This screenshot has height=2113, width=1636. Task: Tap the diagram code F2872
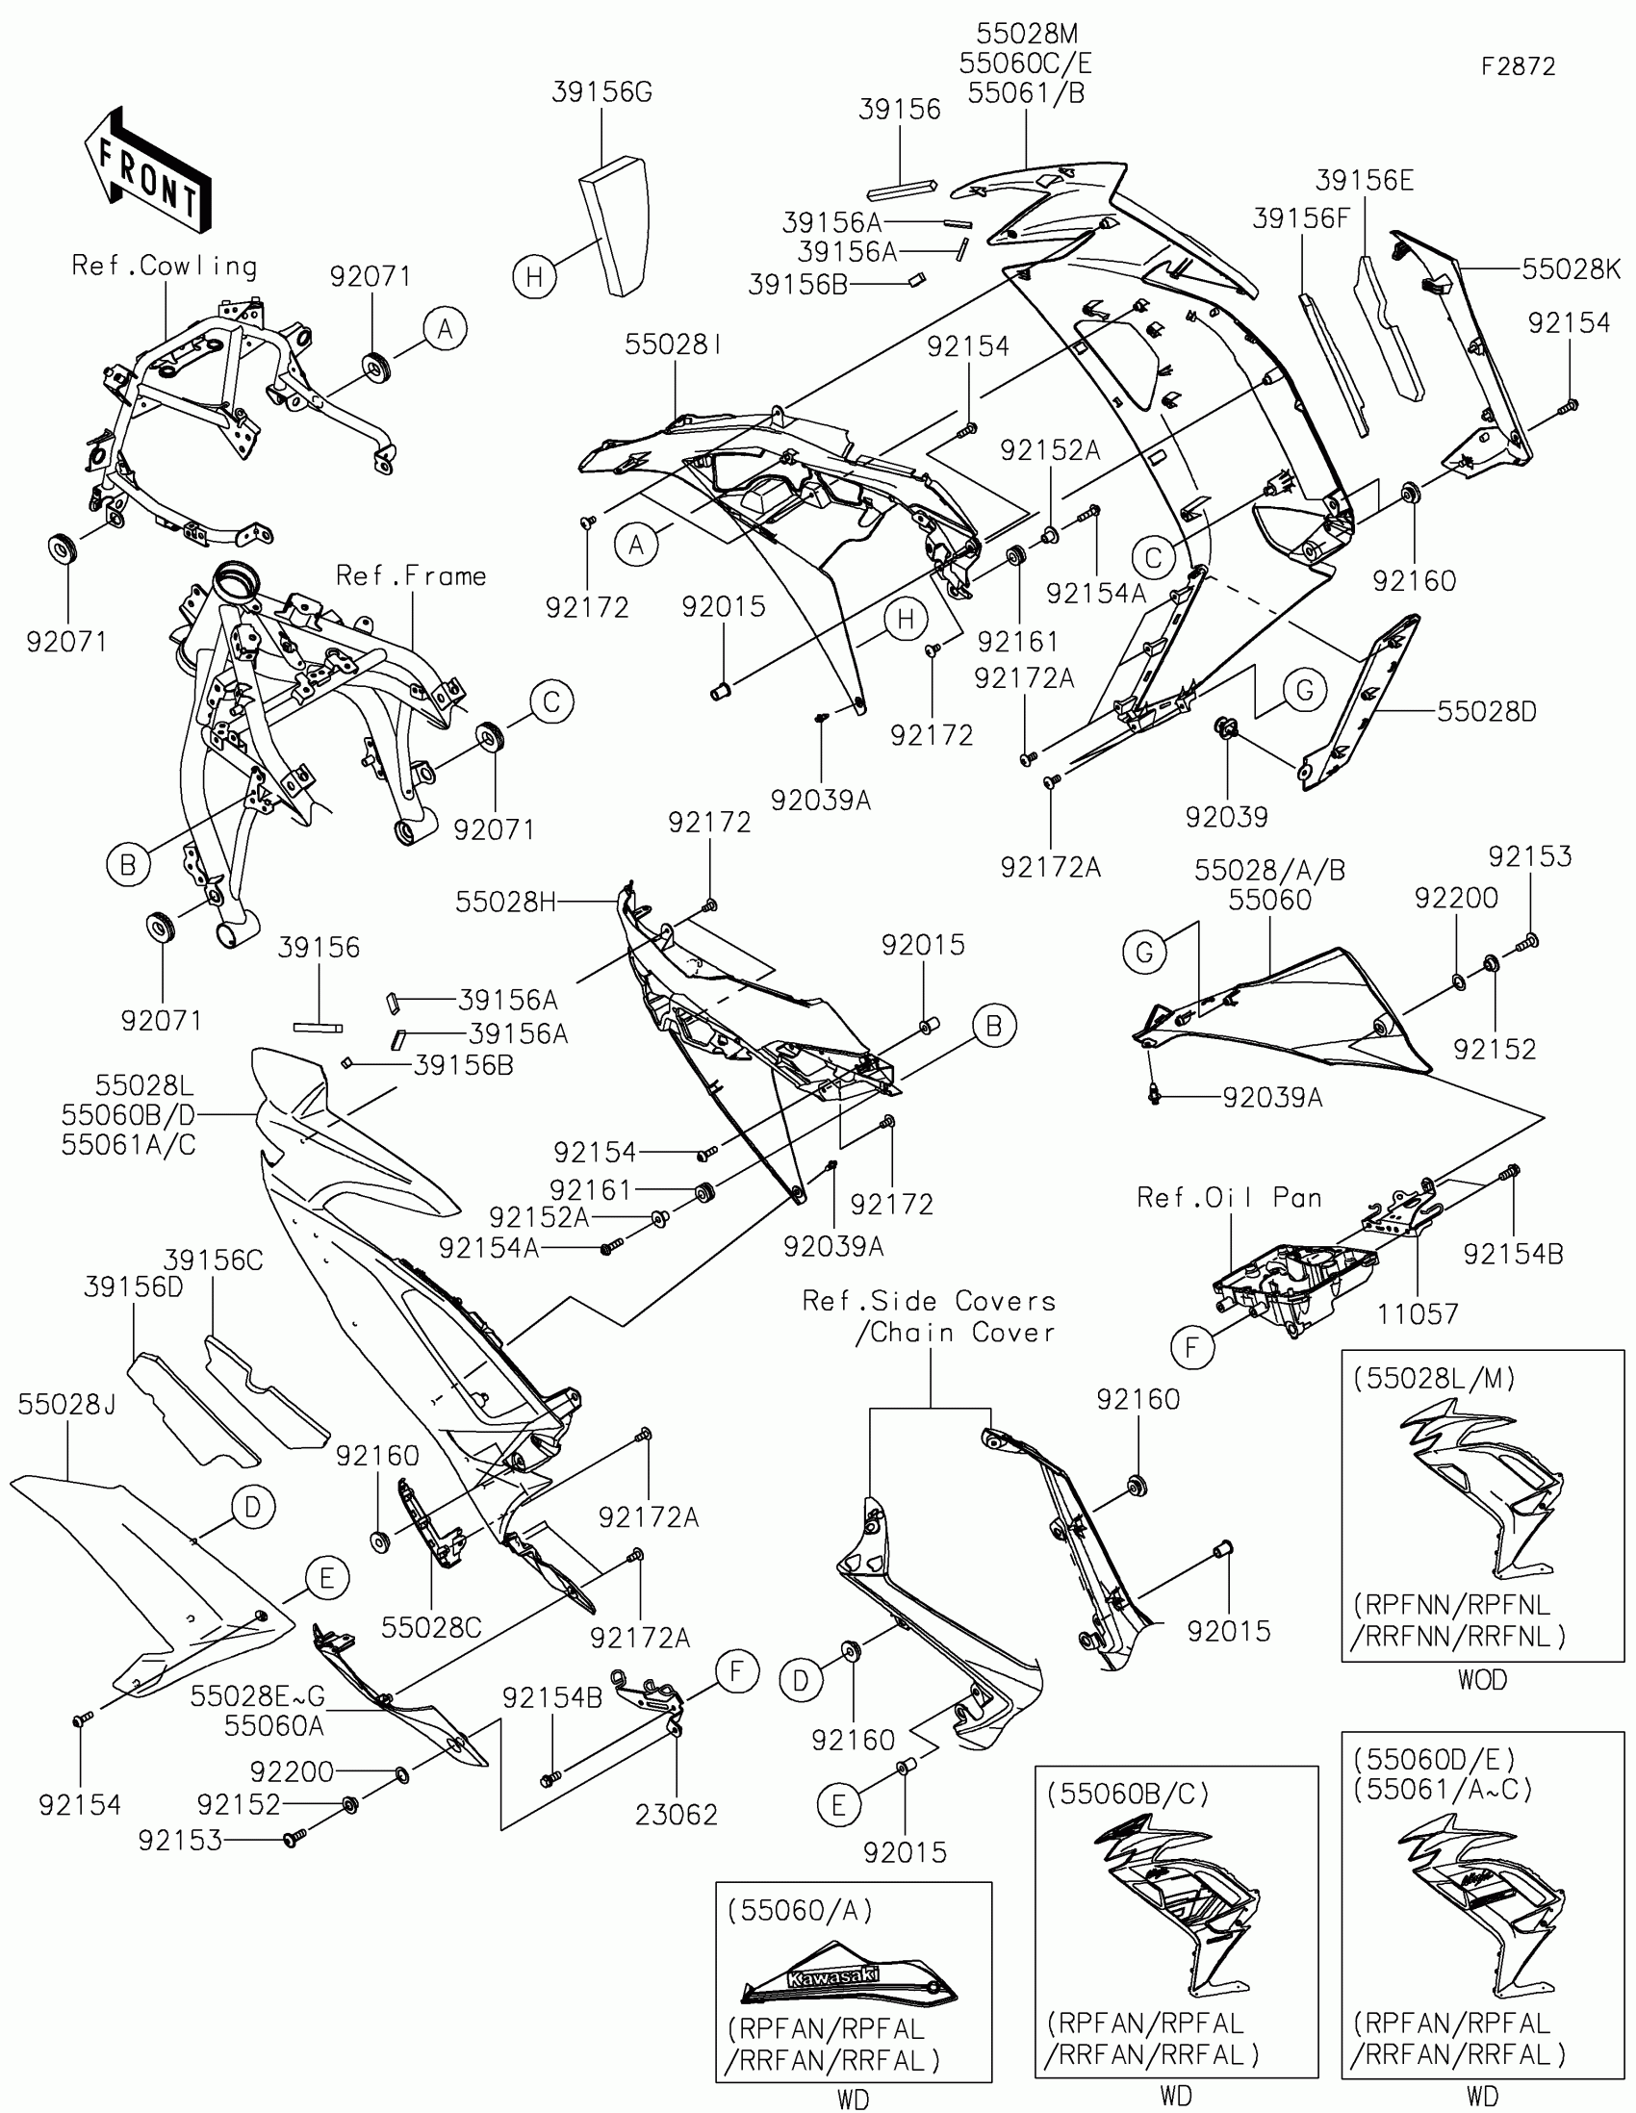[x=1518, y=66]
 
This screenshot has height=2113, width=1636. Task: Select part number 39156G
[x=601, y=93]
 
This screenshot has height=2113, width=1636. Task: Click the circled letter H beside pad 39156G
[x=534, y=278]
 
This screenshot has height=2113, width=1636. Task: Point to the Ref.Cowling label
[x=165, y=267]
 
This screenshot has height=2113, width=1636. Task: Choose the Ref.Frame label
[x=411, y=575]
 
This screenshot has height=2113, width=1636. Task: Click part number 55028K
[x=1571, y=269]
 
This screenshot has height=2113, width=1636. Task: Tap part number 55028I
[x=674, y=345]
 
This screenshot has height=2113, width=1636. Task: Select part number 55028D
[x=1486, y=712]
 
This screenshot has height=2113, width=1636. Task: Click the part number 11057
[x=1418, y=1313]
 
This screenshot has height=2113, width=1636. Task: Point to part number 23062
[x=677, y=1815]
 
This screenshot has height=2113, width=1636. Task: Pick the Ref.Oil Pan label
[x=1229, y=1198]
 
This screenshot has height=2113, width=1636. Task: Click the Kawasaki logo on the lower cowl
[x=833, y=1976]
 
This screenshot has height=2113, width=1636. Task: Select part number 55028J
[x=66, y=1405]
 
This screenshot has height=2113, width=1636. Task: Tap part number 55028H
[x=506, y=903]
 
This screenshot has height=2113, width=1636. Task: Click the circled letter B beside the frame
[x=128, y=864]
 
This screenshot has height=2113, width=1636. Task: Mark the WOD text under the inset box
[x=1482, y=1681]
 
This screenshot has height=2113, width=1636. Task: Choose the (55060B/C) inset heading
[x=1127, y=1795]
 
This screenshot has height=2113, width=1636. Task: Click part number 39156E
[x=1365, y=181]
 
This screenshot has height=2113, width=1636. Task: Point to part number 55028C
[x=431, y=1628]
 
